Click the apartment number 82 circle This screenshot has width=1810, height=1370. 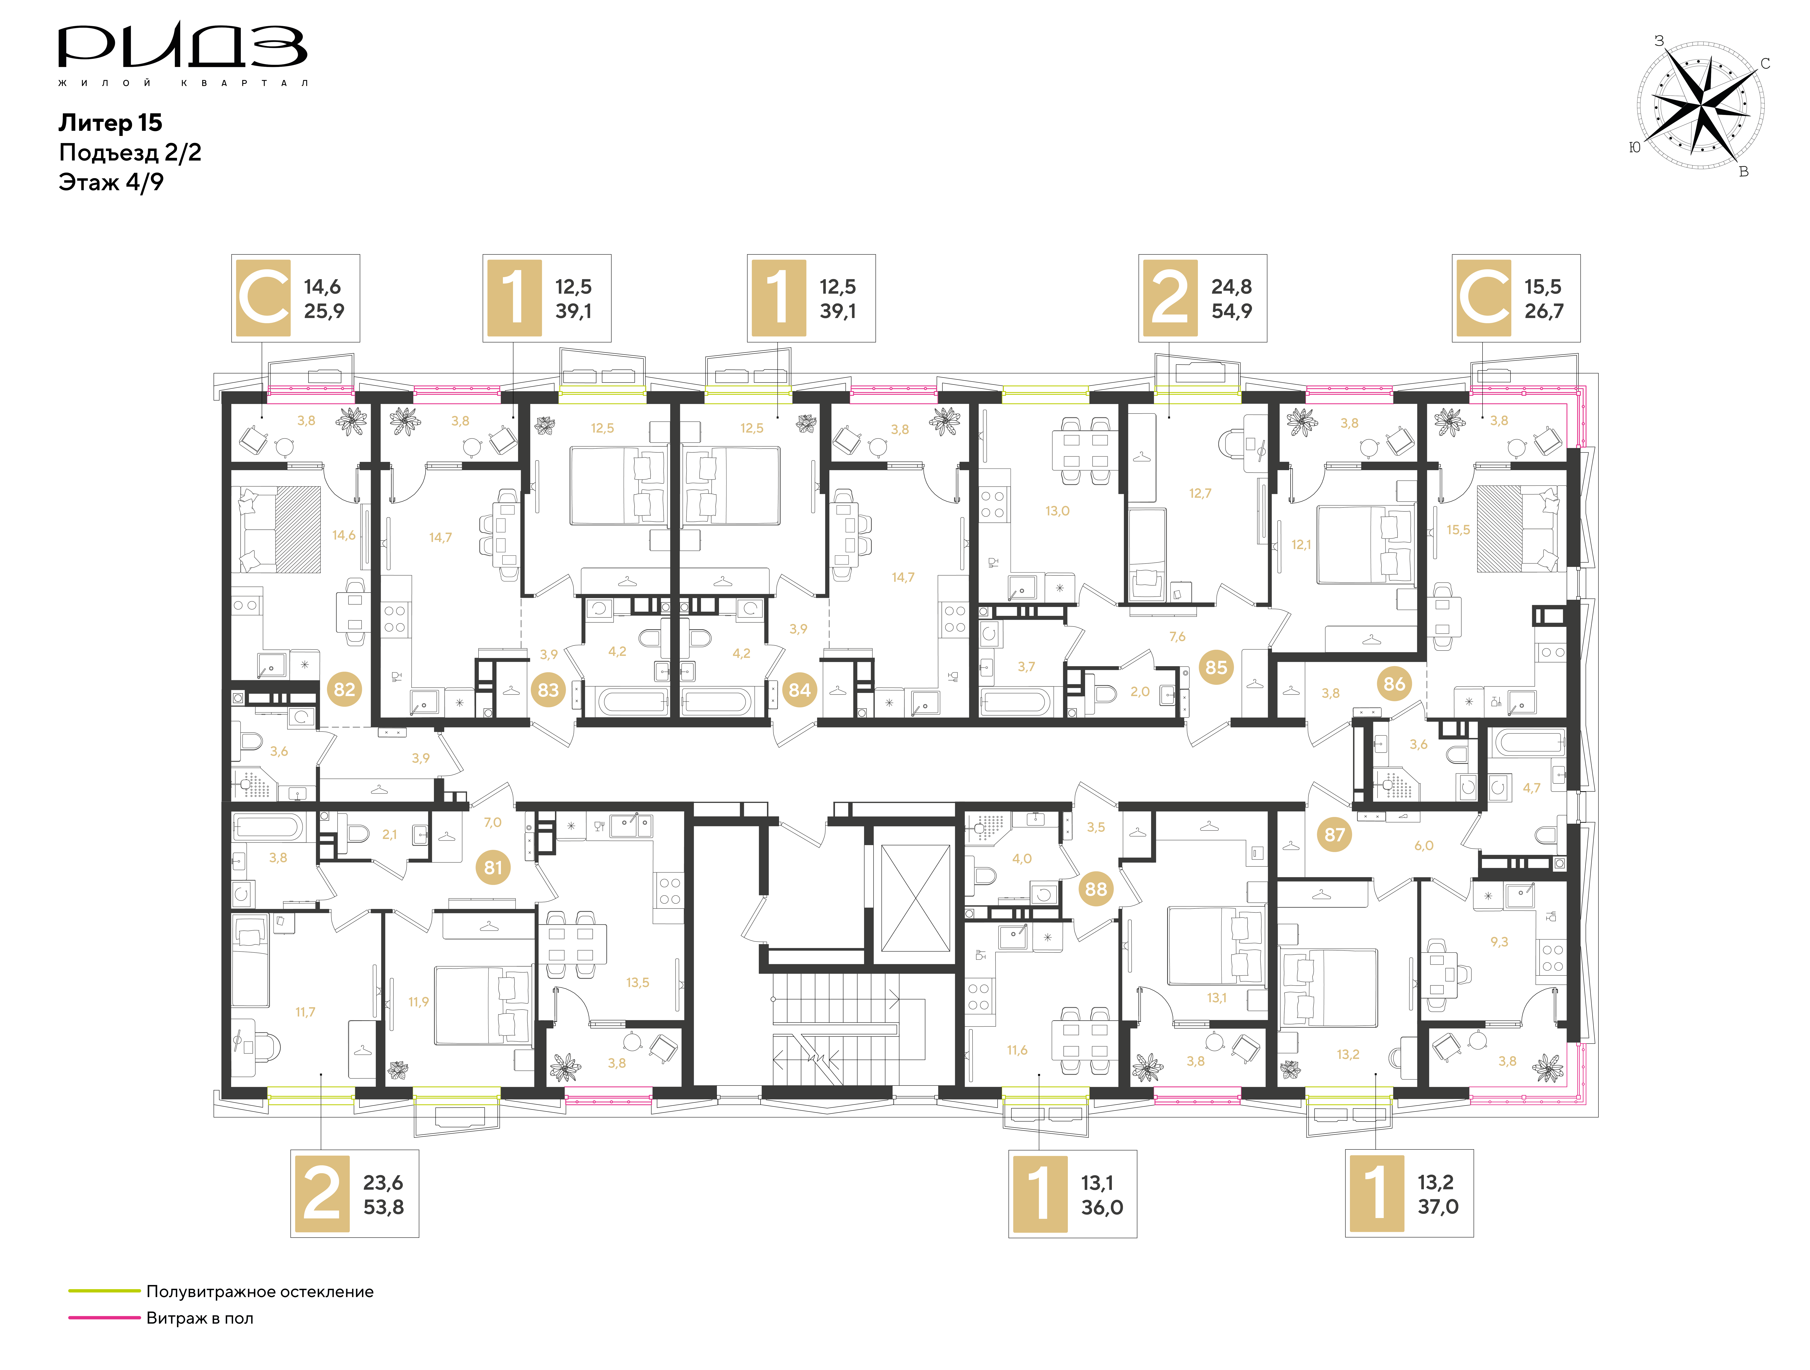click(345, 690)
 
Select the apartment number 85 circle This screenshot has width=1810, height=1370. click(1216, 667)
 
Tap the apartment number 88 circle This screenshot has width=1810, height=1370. click(1096, 889)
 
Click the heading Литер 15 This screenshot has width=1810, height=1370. click(110, 123)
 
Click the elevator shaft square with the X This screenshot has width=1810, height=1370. click(915, 898)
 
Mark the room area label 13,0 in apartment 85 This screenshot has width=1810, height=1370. click(1057, 511)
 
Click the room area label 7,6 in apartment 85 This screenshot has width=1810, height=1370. click(1177, 636)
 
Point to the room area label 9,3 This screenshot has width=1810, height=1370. click(1499, 942)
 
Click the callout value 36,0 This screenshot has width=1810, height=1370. click(1102, 1207)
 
